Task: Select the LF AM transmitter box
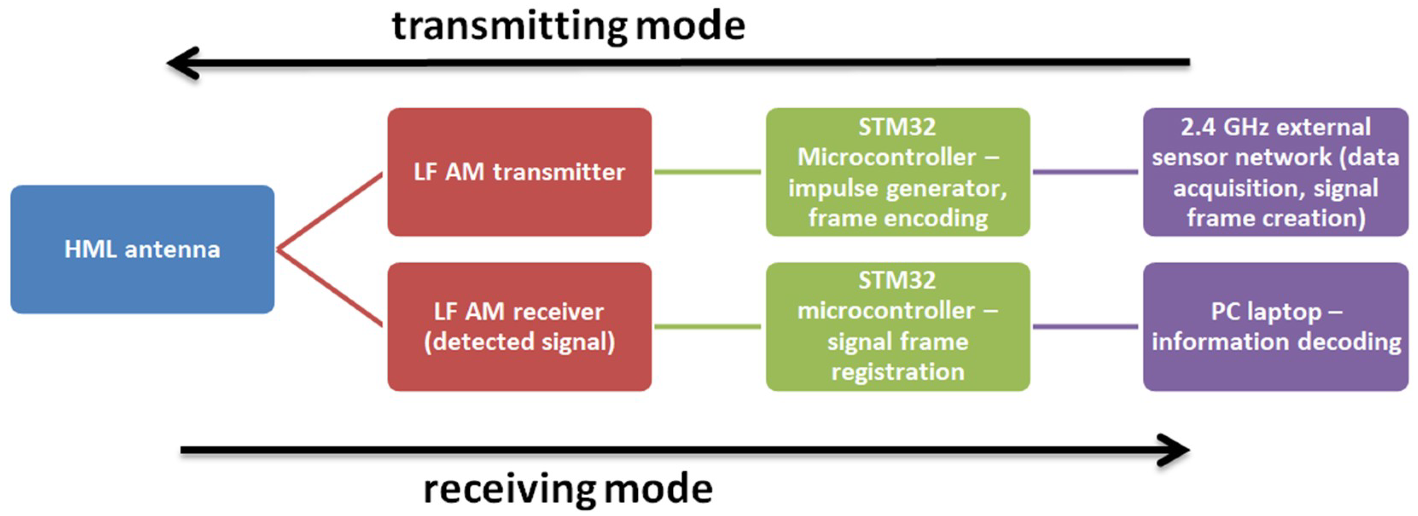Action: point(519,172)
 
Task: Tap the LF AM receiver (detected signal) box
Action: point(519,327)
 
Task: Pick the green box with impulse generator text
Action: point(897,172)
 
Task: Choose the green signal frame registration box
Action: point(897,327)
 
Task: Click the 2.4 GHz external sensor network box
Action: point(1276,172)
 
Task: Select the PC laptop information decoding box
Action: point(1276,327)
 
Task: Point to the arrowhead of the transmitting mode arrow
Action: point(179,63)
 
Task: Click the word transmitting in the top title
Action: point(509,26)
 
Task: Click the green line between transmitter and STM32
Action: point(708,172)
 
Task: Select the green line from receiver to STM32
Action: point(708,327)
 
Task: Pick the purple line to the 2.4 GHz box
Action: point(1085,172)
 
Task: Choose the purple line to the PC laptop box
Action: point(1085,327)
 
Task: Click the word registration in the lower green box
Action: point(897,372)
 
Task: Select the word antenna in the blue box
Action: point(172,250)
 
